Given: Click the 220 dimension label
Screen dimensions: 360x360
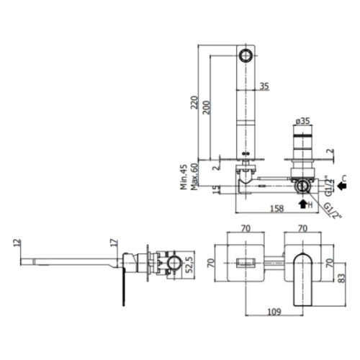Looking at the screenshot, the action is click(x=194, y=102).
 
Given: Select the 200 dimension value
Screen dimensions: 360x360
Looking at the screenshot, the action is click(x=206, y=107).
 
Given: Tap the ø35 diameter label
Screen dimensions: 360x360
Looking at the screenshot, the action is click(x=302, y=121).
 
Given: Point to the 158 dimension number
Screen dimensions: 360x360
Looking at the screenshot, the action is click(x=277, y=208).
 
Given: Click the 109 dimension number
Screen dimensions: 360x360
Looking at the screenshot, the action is click(x=274, y=312).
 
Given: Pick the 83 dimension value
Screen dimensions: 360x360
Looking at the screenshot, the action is click(x=343, y=278).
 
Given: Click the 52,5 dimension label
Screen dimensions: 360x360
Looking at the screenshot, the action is click(x=189, y=265).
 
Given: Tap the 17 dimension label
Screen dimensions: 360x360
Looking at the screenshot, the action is click(x=115, y=243).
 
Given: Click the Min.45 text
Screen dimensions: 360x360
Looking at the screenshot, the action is click(x=184, y=176).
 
